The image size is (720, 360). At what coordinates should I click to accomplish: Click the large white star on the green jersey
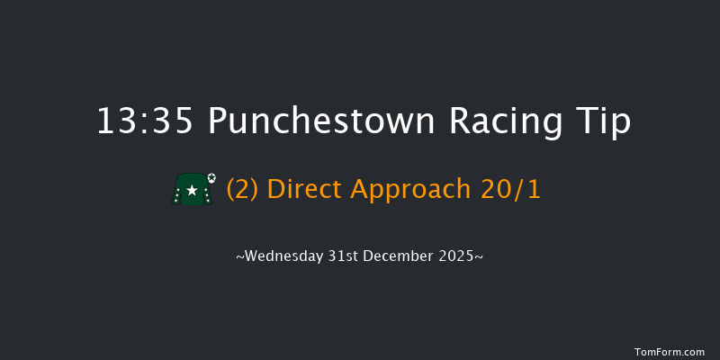(192, 191)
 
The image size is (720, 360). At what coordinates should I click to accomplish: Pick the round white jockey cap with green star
(211, 177)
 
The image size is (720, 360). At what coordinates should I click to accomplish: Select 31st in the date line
(346, 256)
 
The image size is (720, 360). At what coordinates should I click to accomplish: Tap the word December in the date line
(400, 256)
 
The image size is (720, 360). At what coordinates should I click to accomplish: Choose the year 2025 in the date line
(461, 256)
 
